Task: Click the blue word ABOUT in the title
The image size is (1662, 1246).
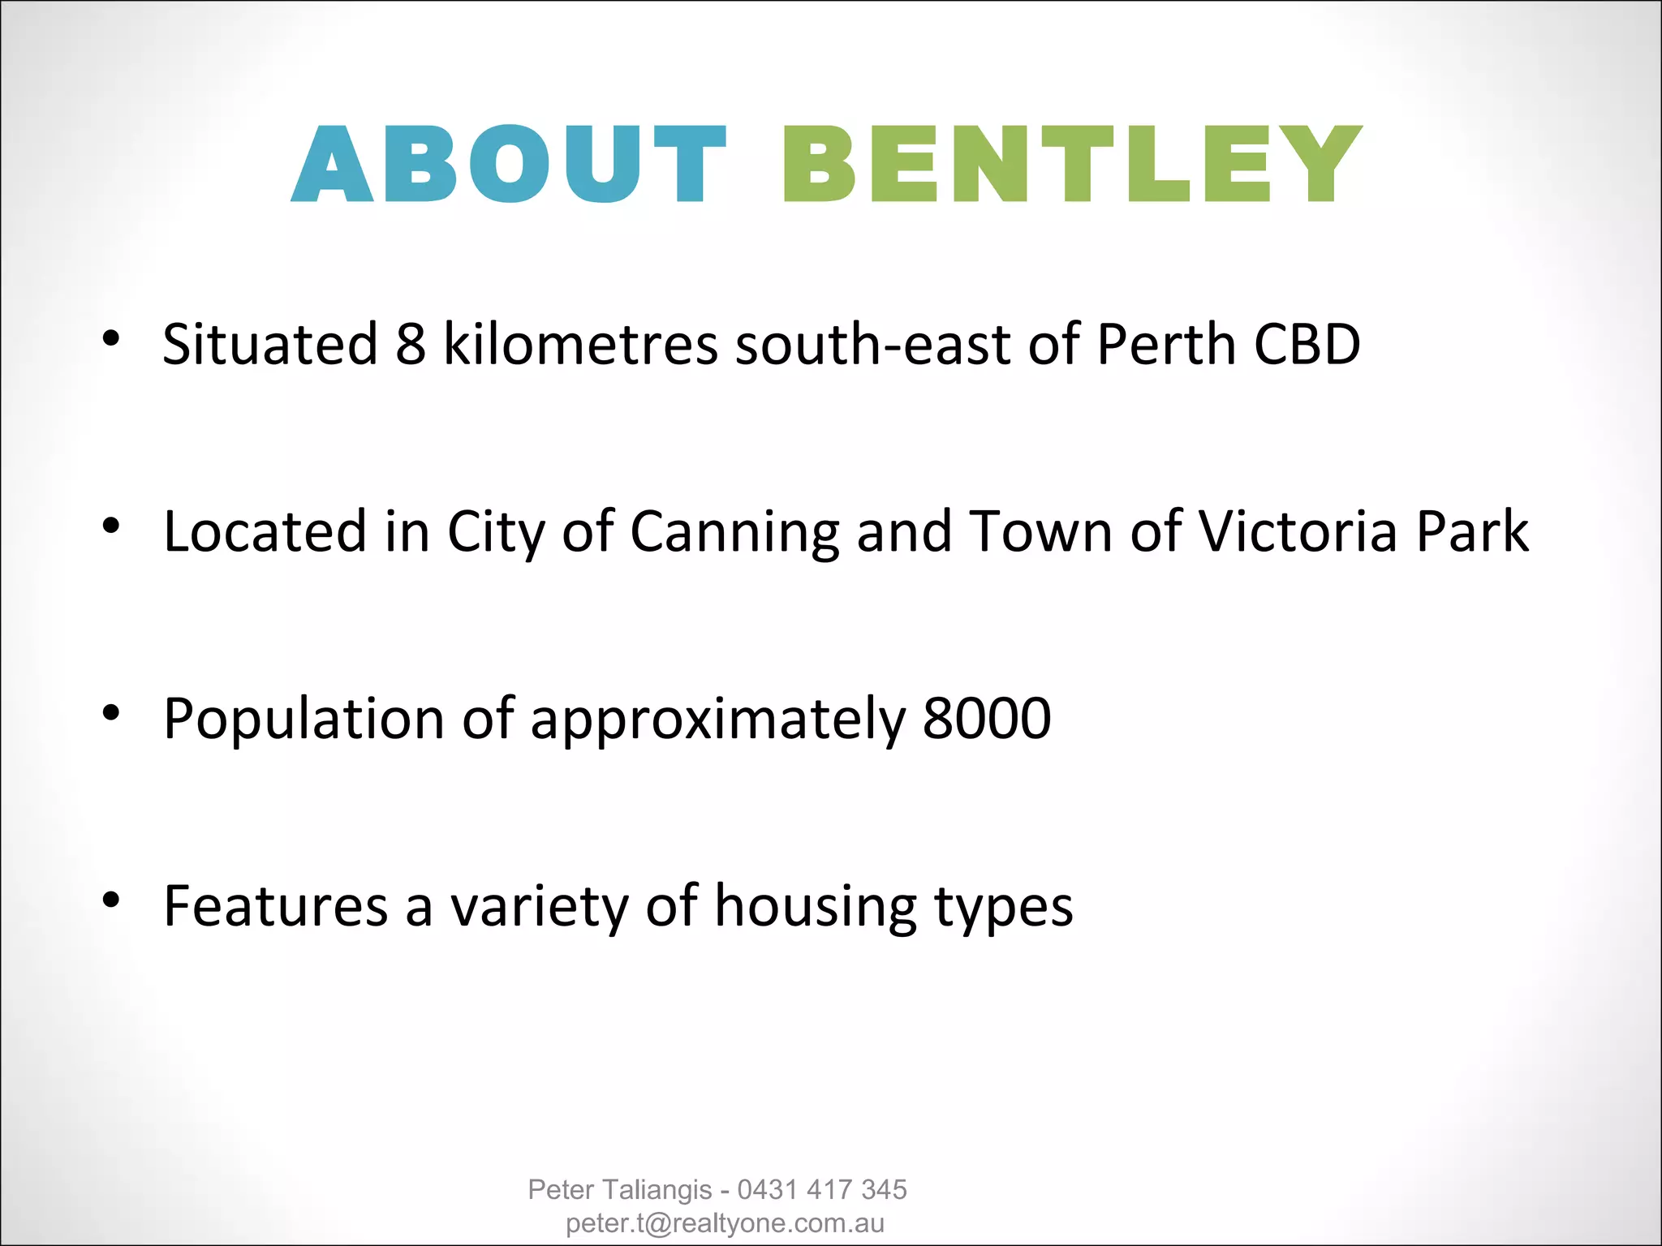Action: coord(509,164)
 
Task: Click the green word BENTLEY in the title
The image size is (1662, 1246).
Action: coord(1071,164)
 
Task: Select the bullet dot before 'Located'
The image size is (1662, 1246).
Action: coord(112,526)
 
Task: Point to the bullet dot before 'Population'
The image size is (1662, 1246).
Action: coord(112,713)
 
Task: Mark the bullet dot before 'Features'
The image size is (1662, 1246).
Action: coord(112,900)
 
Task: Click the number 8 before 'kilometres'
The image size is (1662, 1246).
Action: coord(411,344)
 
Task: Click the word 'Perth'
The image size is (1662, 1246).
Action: coord(1166,344)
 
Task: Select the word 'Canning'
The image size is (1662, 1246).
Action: coord(734,532)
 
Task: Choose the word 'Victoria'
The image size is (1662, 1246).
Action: coord(1298,532)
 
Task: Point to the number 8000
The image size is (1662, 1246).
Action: coord(987,719)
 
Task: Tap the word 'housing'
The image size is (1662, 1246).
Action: coord(815,907)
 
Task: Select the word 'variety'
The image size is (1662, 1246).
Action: coord(540,907)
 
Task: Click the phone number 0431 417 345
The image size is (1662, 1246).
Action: coord(822,1189)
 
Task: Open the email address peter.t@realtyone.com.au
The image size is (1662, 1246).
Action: coord(725,1223)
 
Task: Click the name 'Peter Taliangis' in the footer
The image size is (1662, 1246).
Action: coord(620,1189)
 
